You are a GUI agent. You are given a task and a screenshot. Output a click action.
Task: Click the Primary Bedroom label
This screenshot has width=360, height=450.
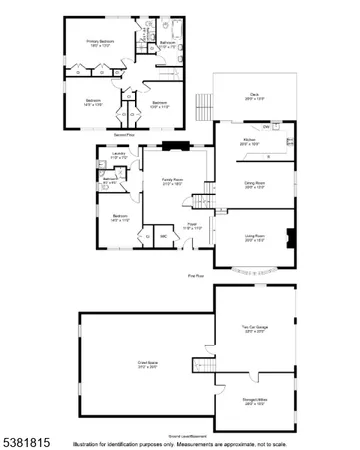point(100,42)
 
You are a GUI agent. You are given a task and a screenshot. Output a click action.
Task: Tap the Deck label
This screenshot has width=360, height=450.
point(255,97)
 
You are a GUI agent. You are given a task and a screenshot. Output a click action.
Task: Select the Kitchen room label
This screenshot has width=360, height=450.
point(251,142)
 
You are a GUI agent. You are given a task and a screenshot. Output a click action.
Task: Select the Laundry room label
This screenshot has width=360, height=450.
point(118,155)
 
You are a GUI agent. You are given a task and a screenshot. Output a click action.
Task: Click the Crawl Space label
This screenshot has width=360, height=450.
point(146,365)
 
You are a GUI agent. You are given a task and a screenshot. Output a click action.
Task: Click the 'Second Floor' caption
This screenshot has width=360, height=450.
point(124,133)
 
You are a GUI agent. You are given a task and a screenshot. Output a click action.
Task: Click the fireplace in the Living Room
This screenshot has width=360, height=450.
point(291,238)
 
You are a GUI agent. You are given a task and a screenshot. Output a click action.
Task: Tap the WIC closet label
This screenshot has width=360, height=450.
point(163,236)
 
